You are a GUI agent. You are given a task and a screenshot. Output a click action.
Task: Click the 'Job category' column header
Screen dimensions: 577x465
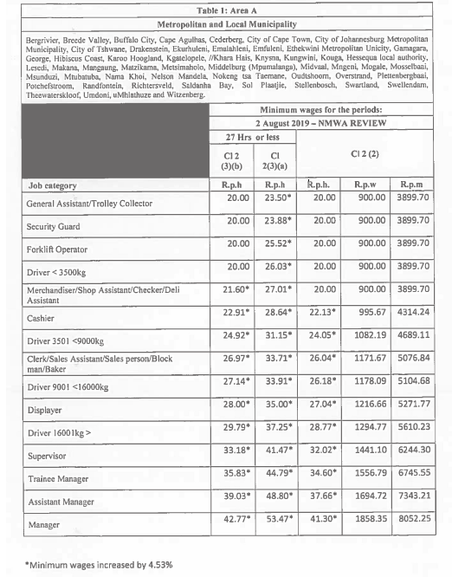pos(52,185)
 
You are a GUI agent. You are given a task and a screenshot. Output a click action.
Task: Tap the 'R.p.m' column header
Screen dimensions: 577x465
pos(413,185)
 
